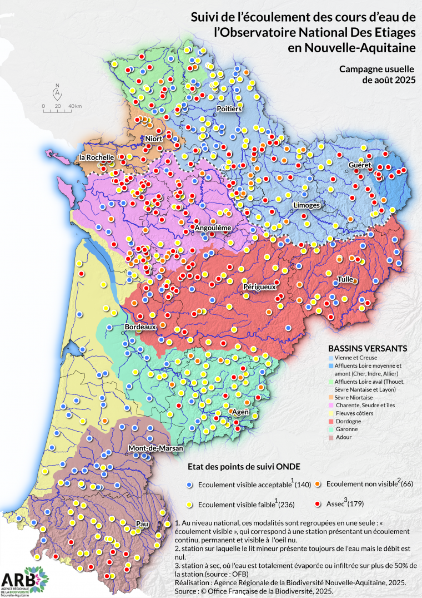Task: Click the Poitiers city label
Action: (x=229, y=108)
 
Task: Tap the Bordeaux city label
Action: (x=140, y=327)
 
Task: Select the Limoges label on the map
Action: (x=307, y=205)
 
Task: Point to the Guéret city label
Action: (x=359, y=166)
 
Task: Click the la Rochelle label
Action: (x=97, y=157)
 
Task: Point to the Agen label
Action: (x=240, y=412)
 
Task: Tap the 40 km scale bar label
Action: (x=75, y=106)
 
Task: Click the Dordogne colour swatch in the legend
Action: (x=332, y=421)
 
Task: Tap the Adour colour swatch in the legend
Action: (x=332, y=437)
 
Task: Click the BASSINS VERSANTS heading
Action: (x=368, y=348)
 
